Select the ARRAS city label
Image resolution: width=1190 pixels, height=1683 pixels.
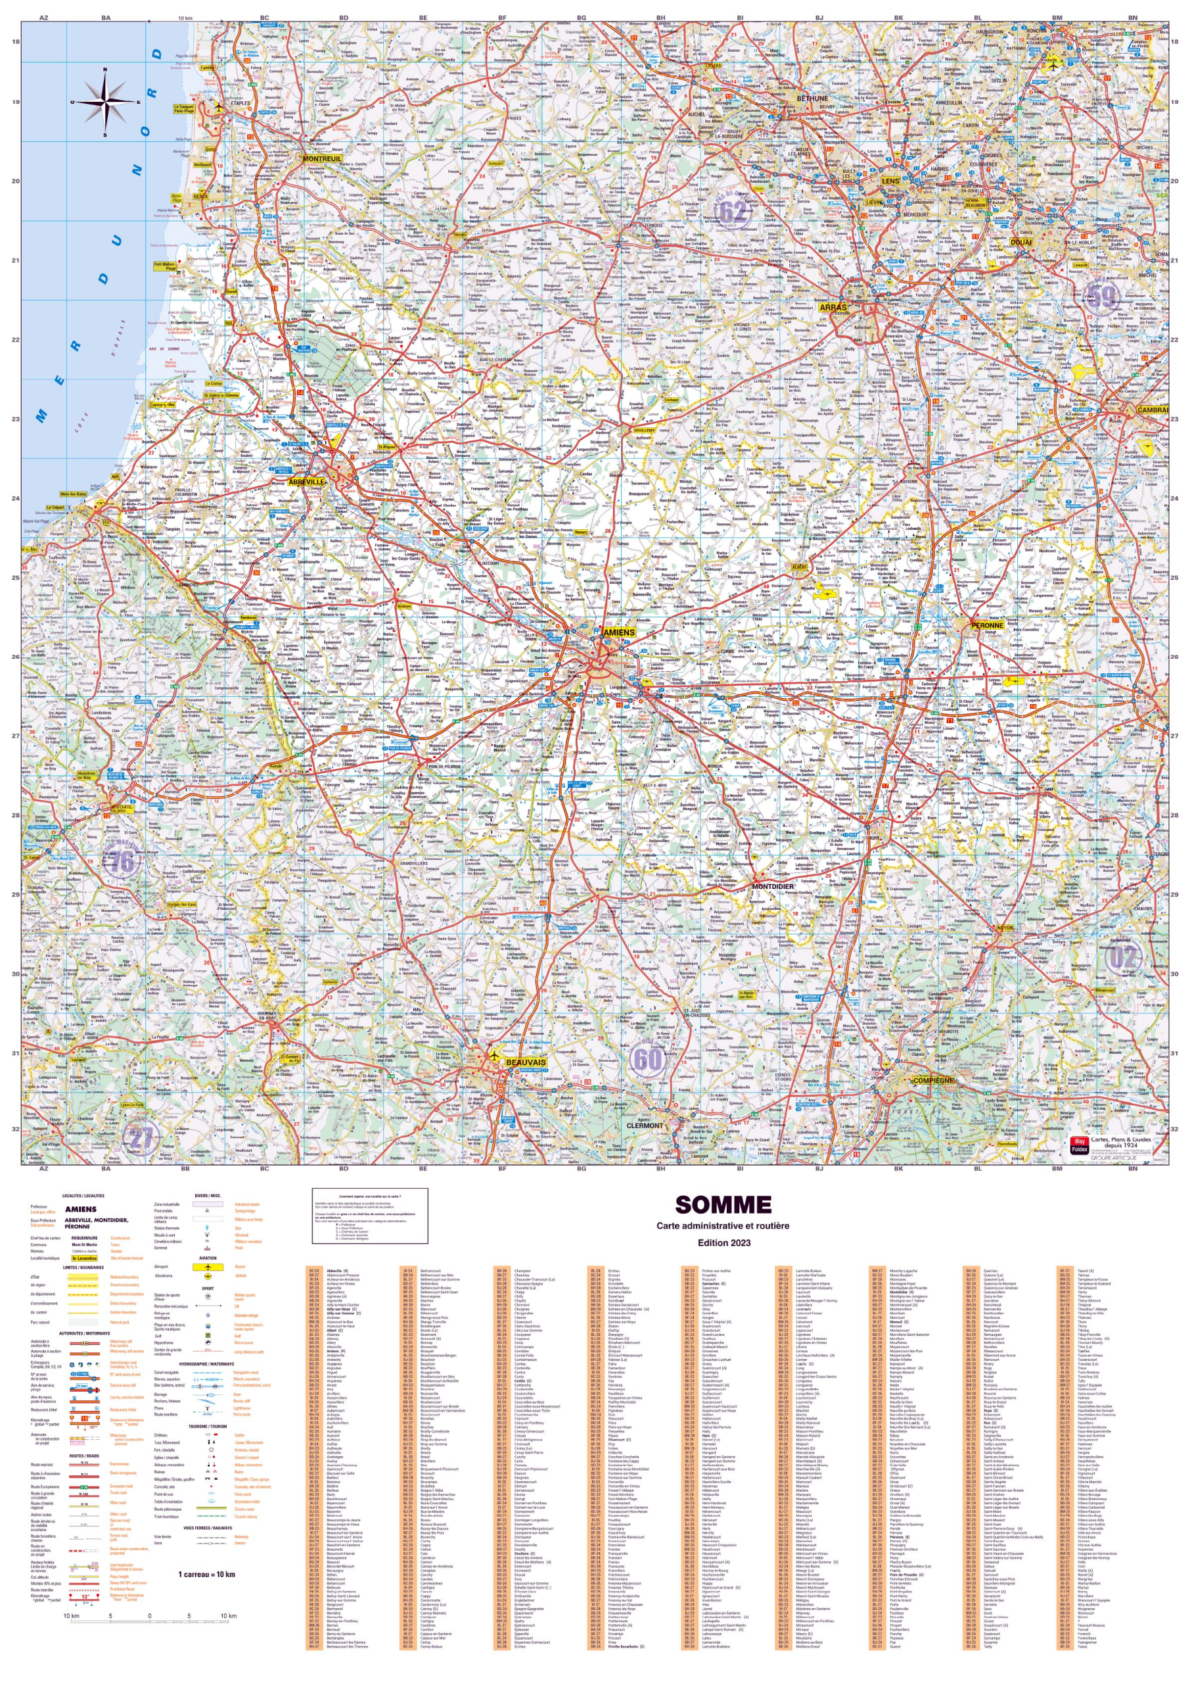833,307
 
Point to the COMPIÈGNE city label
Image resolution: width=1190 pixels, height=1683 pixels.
933,1080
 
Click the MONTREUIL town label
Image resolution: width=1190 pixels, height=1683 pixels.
322,158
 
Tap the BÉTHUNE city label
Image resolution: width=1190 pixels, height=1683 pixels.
812,98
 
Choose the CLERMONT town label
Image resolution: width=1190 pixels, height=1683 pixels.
644,1125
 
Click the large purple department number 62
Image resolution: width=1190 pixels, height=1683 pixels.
731,212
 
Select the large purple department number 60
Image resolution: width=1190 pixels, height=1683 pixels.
647,1058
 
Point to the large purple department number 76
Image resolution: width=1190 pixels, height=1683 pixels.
122,861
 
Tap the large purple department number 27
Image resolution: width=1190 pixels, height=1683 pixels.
141,1137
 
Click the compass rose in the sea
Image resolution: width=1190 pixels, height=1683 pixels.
106,102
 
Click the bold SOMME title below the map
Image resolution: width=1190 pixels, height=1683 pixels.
723,1205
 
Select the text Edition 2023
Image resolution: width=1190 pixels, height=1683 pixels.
723,1243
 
